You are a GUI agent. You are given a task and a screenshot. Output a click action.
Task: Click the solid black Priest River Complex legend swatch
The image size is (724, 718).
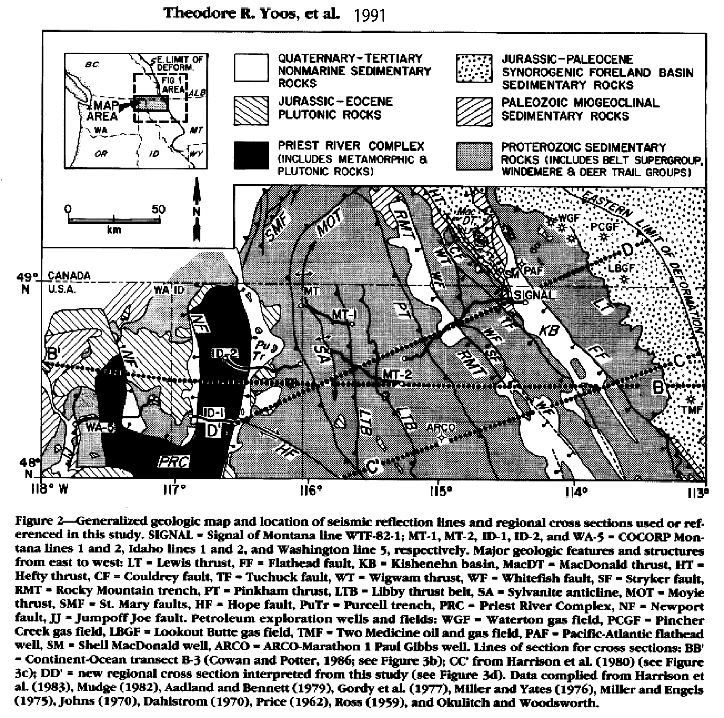tap(251, 155)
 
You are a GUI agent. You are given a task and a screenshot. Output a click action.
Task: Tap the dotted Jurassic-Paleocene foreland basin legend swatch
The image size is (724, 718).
tap(474, 68)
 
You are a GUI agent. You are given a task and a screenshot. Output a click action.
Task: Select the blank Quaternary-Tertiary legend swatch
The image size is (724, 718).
tap(251, 68)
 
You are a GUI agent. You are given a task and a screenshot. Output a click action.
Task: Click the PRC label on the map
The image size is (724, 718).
tap(174, 462)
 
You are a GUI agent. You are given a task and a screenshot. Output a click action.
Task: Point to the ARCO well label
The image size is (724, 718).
tap(441, 428)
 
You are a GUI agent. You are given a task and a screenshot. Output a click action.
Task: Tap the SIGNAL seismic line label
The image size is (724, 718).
tap(534, 295)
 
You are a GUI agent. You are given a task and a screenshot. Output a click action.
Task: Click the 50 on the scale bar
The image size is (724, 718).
tap(158, 209)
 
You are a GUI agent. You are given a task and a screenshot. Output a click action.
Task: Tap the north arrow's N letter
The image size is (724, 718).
tap(196, 212)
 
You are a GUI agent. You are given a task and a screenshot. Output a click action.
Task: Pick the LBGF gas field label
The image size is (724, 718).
tap(621, 268)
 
